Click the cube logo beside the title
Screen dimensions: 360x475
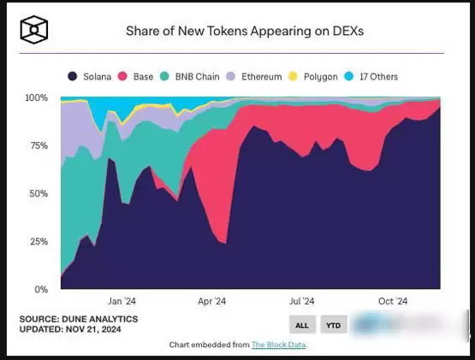pyautogui.click(x=35, y=30)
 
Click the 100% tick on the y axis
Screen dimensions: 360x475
pyautogui.click(x=36, y=98)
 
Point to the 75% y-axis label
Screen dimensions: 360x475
pyautogui.click(x=39, y=146)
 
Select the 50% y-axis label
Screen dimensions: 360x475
pyautogui.click(x=39, y=194)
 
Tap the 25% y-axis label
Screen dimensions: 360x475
pyautogui.click(x=39, y=242)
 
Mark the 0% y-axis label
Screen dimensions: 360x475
pyautogui.click(x=41, y=290)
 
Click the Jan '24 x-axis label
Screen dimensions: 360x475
pyautogui.click(x=122, y=301)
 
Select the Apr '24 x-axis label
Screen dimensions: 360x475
pyautogui.click(x=211, y=301)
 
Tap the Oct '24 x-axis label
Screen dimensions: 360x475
pyautogui.click(x=393, y=301)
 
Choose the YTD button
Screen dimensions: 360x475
pyautogui.click(x=332, y=325)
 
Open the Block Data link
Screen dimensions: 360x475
pyautogui.click(x=278, y=345)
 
